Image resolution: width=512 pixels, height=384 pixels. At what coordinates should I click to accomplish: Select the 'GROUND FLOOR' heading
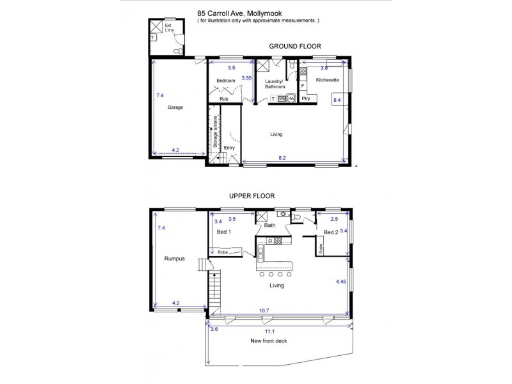coord(294,46)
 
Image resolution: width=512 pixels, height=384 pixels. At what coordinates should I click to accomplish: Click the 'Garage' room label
coord(175,108)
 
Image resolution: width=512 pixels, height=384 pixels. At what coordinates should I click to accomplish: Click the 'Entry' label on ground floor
coord(229,147)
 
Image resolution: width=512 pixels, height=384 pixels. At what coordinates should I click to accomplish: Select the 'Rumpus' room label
coord(174,259)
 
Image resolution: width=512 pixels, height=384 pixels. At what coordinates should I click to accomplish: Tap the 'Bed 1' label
coord(223,232)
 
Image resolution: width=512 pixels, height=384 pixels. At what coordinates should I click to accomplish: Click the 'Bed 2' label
coord(330,232)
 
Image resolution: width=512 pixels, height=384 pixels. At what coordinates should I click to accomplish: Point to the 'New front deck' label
coord(269,341)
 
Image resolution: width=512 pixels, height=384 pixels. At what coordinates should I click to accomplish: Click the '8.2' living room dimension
coord(282,157)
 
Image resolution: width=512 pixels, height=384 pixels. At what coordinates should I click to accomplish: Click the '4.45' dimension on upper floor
coord(340,280)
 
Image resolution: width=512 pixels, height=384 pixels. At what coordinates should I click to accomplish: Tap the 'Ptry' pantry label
coord(307,99)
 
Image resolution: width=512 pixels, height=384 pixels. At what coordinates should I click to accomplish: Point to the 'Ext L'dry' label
coord(169,29)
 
